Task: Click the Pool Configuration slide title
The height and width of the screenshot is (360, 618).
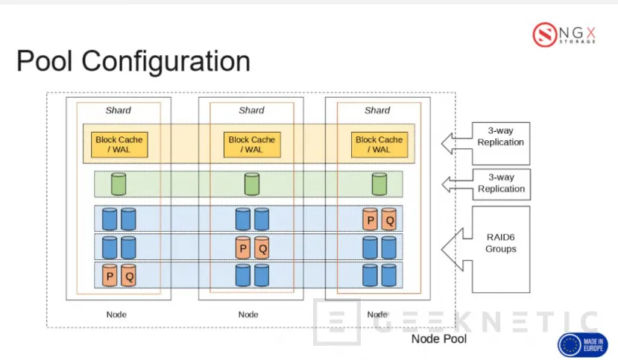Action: click(133, 61)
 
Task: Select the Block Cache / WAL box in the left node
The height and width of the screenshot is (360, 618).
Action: click(119, 145)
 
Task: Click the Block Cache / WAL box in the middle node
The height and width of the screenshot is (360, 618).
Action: click(251, 145)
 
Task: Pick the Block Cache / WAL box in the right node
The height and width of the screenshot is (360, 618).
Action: click(379, 145)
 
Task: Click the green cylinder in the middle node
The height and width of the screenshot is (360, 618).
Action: click(252, 184)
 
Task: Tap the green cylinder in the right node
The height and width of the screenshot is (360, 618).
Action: click(379, 184)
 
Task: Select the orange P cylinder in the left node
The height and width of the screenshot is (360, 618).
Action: click(110, 276)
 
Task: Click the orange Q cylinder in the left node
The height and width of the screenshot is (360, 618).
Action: click(129, 276)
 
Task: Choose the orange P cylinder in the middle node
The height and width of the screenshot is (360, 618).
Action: click(242, 247)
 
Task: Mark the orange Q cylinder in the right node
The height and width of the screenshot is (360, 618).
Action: click(388, 219)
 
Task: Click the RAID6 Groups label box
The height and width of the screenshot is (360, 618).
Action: click(500, 249)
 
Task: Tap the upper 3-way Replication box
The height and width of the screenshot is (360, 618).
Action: click(500, 142)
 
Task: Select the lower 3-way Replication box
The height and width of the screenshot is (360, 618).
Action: click(500, 183)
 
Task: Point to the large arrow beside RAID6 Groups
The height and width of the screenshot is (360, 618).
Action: click(456, 248)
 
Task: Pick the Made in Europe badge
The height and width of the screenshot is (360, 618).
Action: click(583, 344)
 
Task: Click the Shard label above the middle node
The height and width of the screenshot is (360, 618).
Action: click(251, 110)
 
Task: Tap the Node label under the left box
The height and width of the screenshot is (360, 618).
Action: click(116, 314)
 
